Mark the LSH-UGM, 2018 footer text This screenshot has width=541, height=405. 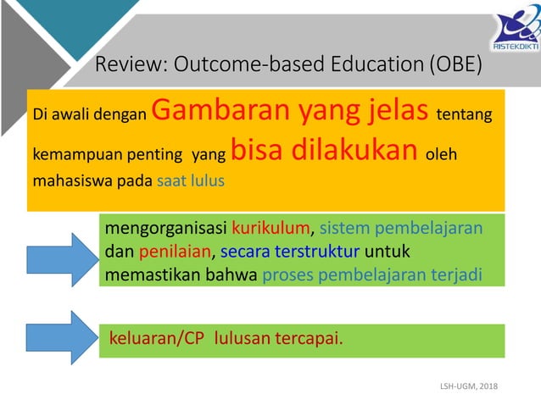point(469,386)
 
